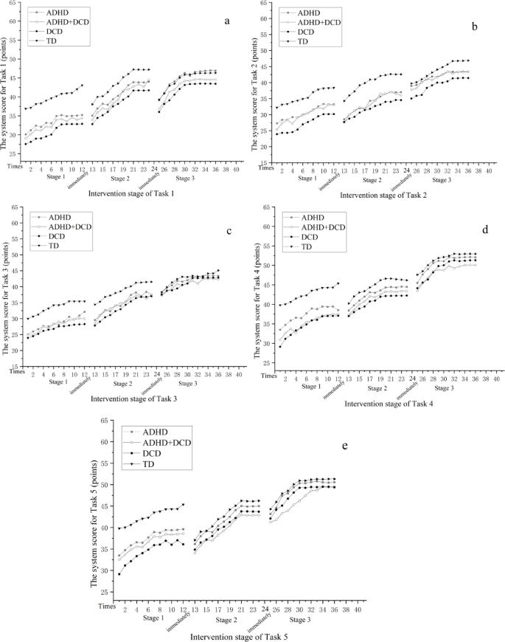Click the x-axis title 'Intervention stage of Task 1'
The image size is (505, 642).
point(131,193)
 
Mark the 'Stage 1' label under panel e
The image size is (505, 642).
point(154,617)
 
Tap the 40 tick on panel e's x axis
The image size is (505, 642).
point(358,610)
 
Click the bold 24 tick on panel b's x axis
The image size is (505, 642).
point(406,170)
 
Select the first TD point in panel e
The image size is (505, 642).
point(119,528)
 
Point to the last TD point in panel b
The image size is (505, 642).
point(467,61)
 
